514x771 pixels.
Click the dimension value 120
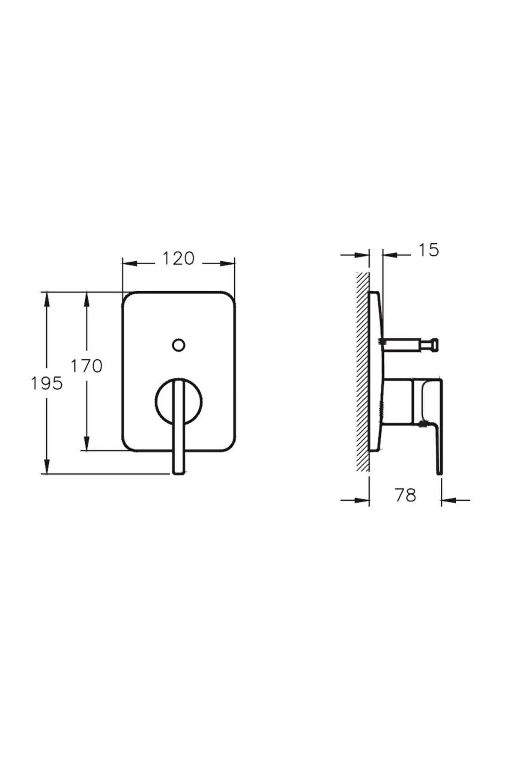click(x=178, y=259)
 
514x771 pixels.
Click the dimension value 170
click(x=87, y=366)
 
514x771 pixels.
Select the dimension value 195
click(x=47, y=383)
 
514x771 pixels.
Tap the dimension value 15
click(x=428, y=250)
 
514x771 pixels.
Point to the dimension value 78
click(x=405, y=495)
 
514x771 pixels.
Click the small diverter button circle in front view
click(x=179, y=345)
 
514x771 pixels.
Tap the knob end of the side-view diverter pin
click(x=433, y=345)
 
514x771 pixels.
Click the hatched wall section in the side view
click(x=362, y=373)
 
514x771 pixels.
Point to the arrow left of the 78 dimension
click(x=362, y=500)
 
